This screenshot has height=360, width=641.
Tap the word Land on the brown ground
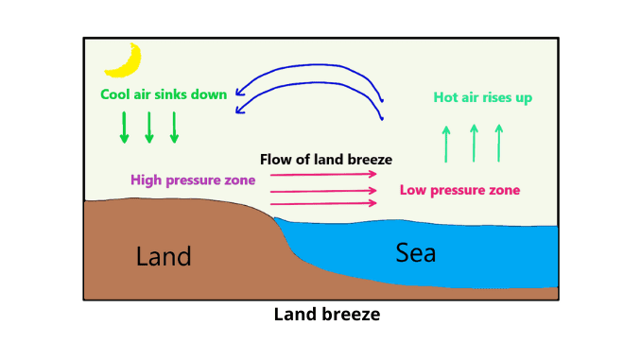pos(164,256)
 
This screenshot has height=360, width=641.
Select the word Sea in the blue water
pos(416,252)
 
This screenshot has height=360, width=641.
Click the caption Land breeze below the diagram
pos(326,315)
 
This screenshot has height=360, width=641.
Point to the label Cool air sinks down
pos(164,94)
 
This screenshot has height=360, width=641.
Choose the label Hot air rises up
pos(482,97)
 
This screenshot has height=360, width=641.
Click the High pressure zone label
pos(193,180)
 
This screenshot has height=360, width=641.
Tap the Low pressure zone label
pos(459,190)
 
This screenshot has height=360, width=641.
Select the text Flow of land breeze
pos(326,159)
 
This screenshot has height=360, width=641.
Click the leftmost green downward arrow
pos(124,128)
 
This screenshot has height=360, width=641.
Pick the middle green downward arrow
pos(149,128)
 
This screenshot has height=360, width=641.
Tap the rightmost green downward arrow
pos(174,128)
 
